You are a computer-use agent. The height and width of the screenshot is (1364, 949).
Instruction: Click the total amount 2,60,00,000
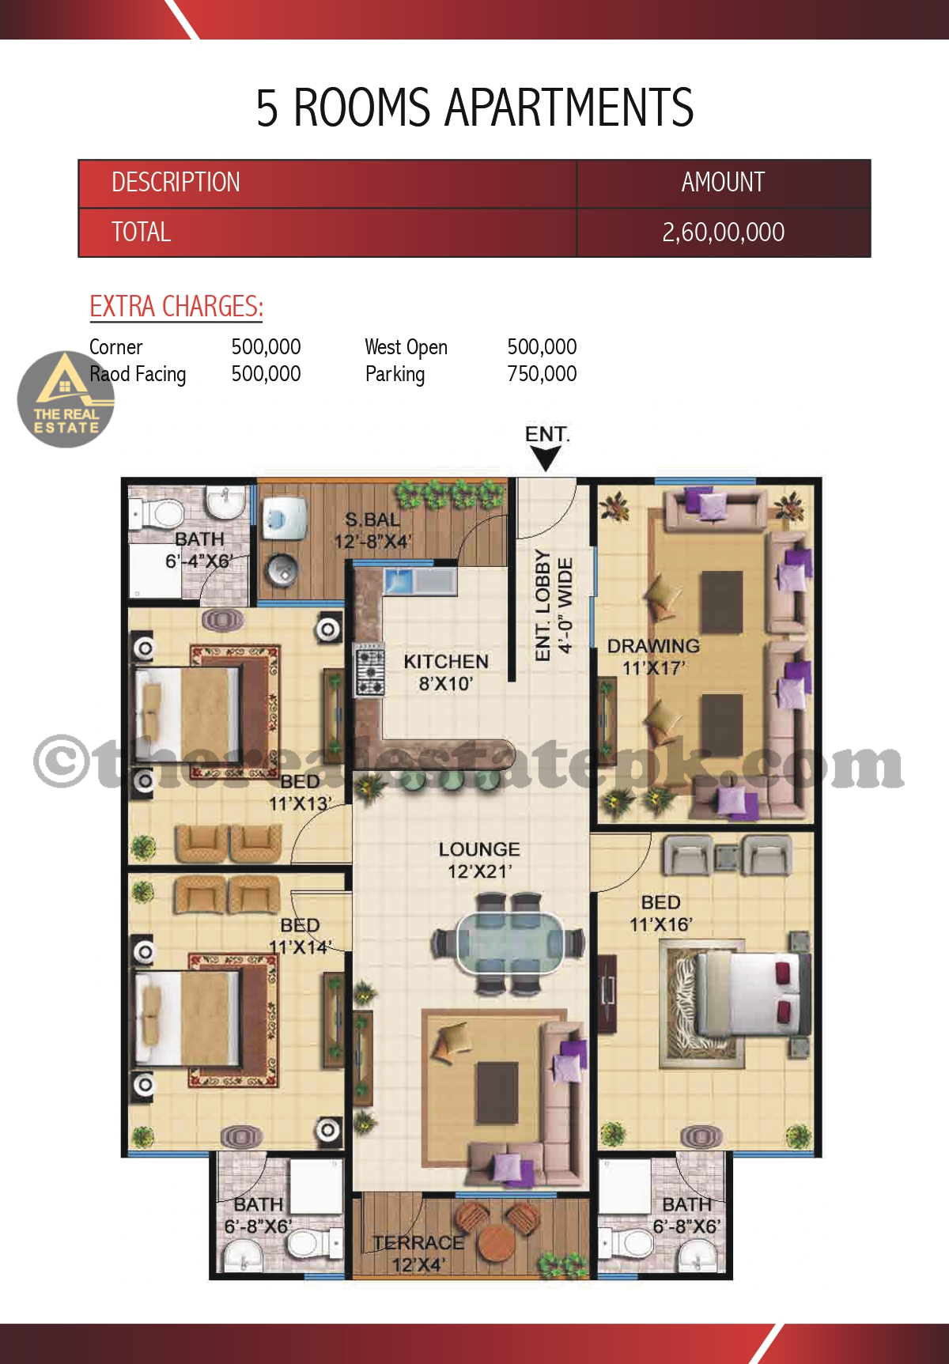[723, 232]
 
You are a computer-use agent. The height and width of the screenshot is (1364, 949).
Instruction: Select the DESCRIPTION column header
[176, 183]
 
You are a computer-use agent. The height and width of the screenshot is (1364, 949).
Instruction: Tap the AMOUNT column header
[723, 183]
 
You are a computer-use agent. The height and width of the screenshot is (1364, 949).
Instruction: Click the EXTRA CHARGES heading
[176, 307]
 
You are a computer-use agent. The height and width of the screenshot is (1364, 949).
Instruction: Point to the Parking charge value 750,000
[542, 373]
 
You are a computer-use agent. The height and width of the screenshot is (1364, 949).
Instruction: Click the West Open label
[406, 347]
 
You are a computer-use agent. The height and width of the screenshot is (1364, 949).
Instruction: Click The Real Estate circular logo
[66, 399]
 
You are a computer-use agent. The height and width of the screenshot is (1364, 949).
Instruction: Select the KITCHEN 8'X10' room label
[446, 672]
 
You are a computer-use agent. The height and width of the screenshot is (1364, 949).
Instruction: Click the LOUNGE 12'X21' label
[479, 860]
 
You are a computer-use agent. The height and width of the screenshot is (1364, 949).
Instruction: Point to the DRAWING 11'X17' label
[653, 657]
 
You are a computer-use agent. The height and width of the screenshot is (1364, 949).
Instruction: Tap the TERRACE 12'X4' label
[418, 1253]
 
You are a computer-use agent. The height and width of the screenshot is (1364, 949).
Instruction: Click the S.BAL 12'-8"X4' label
[372, 531]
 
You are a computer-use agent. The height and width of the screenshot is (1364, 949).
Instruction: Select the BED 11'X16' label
[661, 913]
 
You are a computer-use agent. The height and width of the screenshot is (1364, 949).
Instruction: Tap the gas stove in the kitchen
[369, 670]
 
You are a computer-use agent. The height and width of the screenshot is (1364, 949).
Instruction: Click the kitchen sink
[419, 581]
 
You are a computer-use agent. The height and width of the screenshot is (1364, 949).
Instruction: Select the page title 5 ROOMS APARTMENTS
[475, 108]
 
